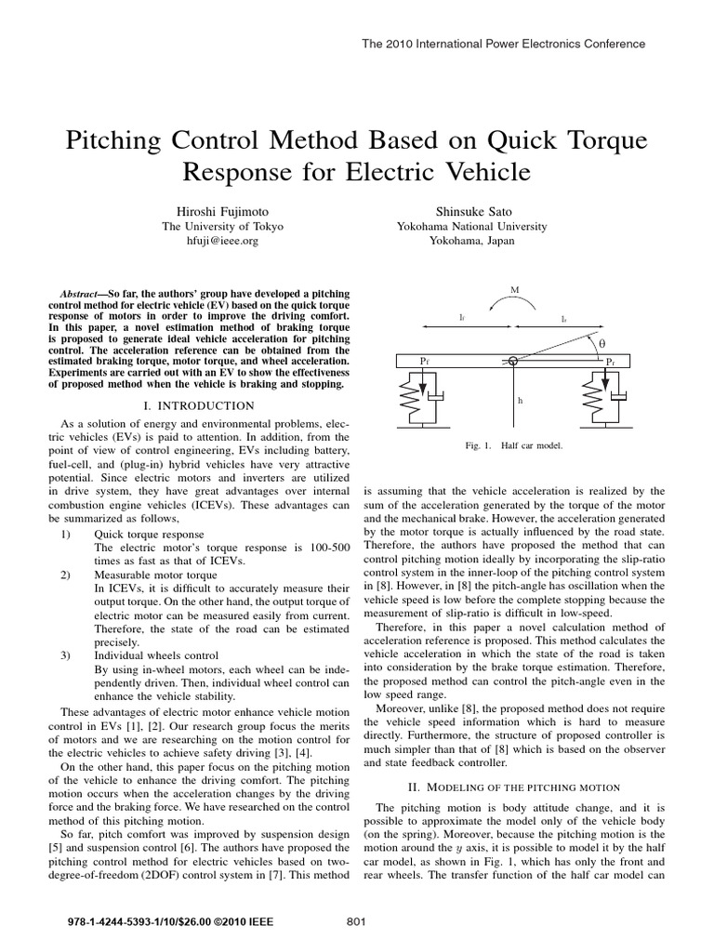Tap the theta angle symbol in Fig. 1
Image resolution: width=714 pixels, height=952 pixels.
[x=601, y=343]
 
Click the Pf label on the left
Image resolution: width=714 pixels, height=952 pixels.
[x=423, y=360]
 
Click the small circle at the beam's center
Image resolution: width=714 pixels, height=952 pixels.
[x=513, y=360]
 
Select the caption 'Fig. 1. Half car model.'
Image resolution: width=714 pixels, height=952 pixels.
[x=514, y=445]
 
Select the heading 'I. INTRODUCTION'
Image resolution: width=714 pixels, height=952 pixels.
[x=199, y=405]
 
